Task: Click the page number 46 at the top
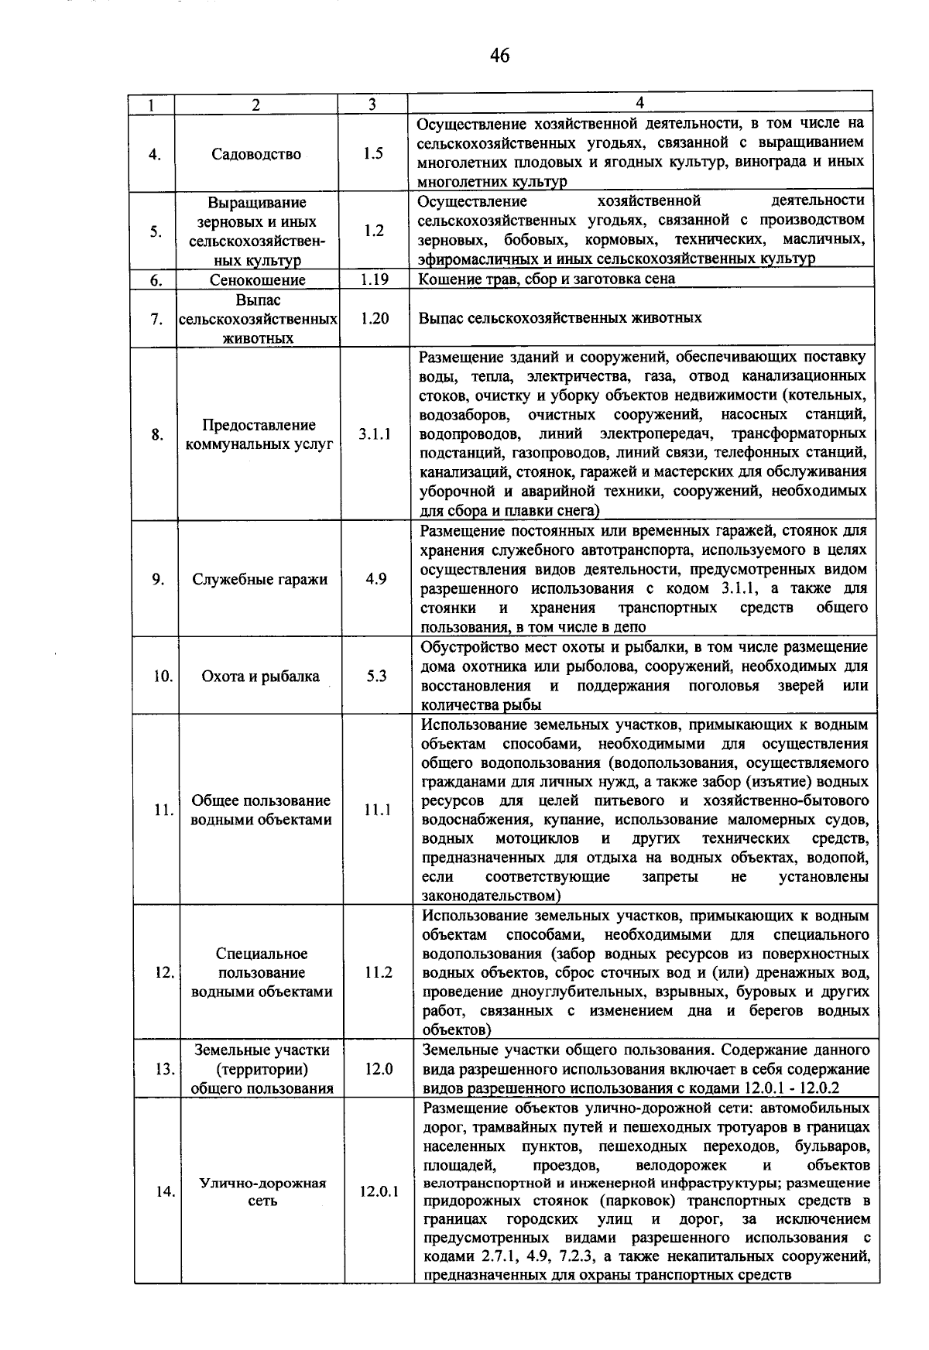pos(499,55)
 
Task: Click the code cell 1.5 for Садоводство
pos(373,153)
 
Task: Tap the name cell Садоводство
pos(256,154)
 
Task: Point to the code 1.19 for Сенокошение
pos(374,279)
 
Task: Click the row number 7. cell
pos(156,319)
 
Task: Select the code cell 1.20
pos(375,318)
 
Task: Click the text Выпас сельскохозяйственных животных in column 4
pos(560,318)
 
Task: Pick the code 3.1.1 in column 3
pos(375,434)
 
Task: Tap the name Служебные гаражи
pos(260,580)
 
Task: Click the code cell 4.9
pos(376,579)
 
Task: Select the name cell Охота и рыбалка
pos(261,677)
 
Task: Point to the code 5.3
pos(377,676)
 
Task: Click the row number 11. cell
pos(163,810)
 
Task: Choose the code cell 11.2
pos(379,972)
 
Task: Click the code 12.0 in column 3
pos(379,1069)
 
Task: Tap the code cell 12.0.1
pos(379,1192)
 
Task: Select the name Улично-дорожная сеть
pos(263,1192)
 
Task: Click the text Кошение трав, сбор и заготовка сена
pos(547,279)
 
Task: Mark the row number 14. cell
pos(164,1192)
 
